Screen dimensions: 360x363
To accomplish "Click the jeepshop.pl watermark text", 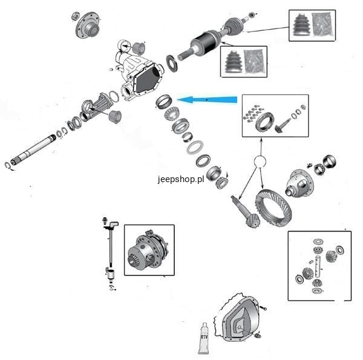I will click(180, 180).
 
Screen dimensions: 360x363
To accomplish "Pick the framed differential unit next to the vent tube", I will click(148, 250).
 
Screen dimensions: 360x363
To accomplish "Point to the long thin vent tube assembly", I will click(110, 248).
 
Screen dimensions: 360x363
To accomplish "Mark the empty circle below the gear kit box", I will click(261, 162).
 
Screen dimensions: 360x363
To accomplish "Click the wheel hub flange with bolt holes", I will click(88, 27).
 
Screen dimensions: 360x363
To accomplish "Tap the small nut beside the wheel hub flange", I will click(75, 14).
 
